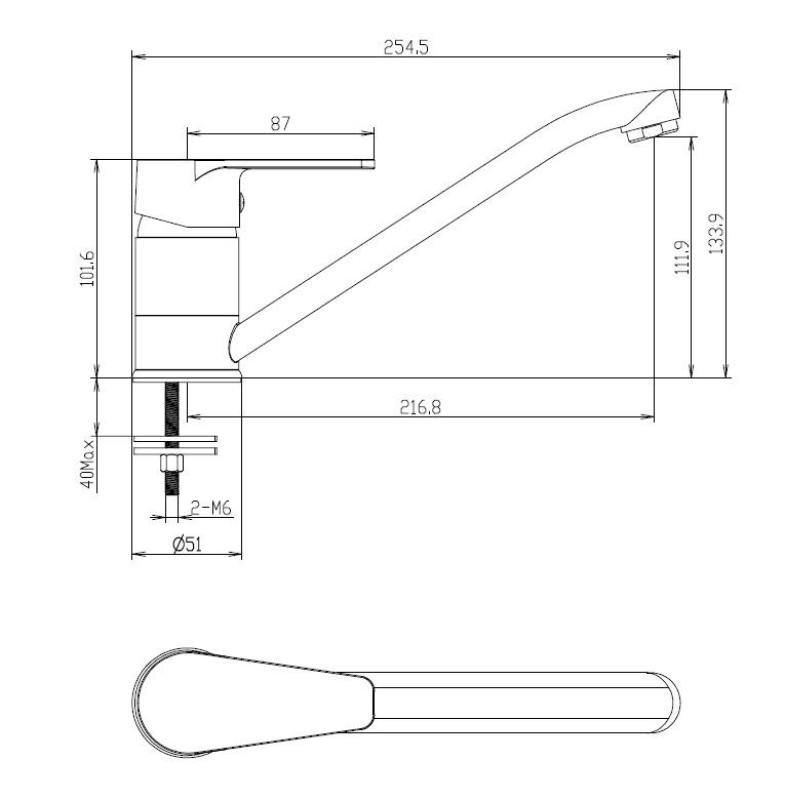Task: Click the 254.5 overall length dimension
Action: (406, 46)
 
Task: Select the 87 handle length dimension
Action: (280, 123)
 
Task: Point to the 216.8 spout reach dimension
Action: (422, 407)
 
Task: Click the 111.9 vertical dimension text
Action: (682, 258)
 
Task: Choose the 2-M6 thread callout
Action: (210, 509)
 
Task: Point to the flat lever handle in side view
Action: (300, 163)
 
